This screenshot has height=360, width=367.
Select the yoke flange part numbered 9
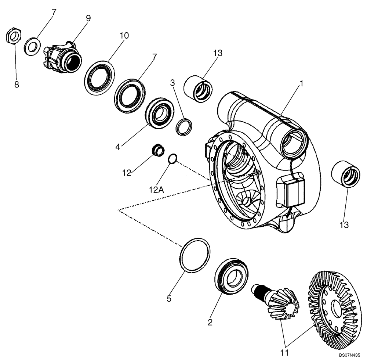tap(61, 57)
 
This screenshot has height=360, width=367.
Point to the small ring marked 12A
tap(172, 159)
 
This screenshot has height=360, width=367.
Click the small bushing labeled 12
tap(158, 150)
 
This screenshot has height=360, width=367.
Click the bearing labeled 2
tap(231, 275)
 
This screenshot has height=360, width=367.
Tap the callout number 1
tap(301, 84)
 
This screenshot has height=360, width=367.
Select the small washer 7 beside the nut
tap(33, 47)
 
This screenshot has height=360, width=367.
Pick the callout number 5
tap(169, 299)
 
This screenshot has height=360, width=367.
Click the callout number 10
tap(124, 36)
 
